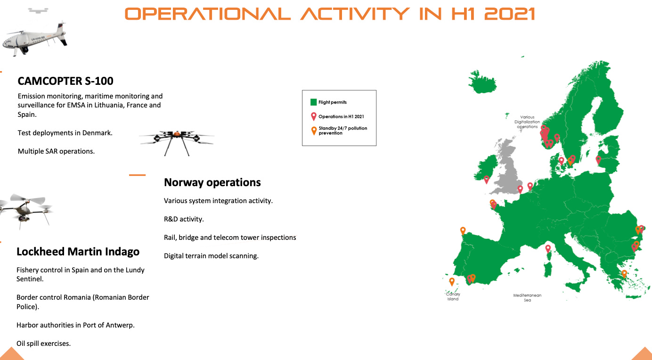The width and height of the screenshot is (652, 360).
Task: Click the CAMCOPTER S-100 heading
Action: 65,81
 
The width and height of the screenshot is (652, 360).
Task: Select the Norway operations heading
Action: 212,182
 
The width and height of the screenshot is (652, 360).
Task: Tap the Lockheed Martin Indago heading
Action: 78,252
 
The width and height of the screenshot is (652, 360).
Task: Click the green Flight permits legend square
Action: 313,102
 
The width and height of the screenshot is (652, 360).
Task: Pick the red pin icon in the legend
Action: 313,116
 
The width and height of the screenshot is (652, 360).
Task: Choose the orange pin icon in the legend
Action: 314,131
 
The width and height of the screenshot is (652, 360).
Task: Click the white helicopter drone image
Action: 35,39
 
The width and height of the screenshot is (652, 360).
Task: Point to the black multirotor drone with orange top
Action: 177,142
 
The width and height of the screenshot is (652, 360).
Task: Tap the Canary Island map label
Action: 453,296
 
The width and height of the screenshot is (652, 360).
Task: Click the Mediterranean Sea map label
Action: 527,297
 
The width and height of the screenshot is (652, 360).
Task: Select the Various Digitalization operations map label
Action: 527,122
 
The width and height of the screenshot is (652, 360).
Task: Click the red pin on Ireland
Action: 486,180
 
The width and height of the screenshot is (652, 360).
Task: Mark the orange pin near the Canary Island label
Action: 452,281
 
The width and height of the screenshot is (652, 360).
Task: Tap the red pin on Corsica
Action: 548,248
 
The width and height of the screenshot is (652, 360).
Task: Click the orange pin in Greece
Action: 624,274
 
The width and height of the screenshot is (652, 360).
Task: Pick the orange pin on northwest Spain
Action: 463,231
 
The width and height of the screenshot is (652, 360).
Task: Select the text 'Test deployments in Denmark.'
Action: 65,133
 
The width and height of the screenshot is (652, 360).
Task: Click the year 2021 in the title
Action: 509,14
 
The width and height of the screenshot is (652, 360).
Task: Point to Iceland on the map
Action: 482,82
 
